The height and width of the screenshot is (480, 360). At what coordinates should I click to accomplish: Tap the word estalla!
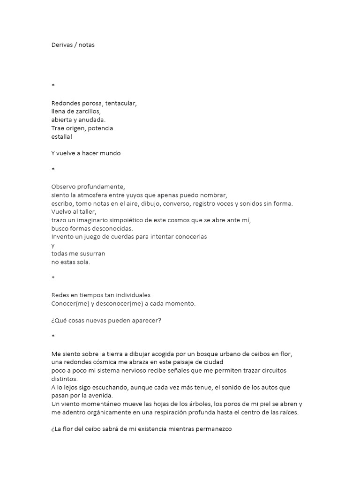coord(62,136)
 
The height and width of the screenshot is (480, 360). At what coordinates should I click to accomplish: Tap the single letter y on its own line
coord(53,245)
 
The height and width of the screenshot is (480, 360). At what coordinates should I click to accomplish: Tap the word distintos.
coord(65,379)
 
